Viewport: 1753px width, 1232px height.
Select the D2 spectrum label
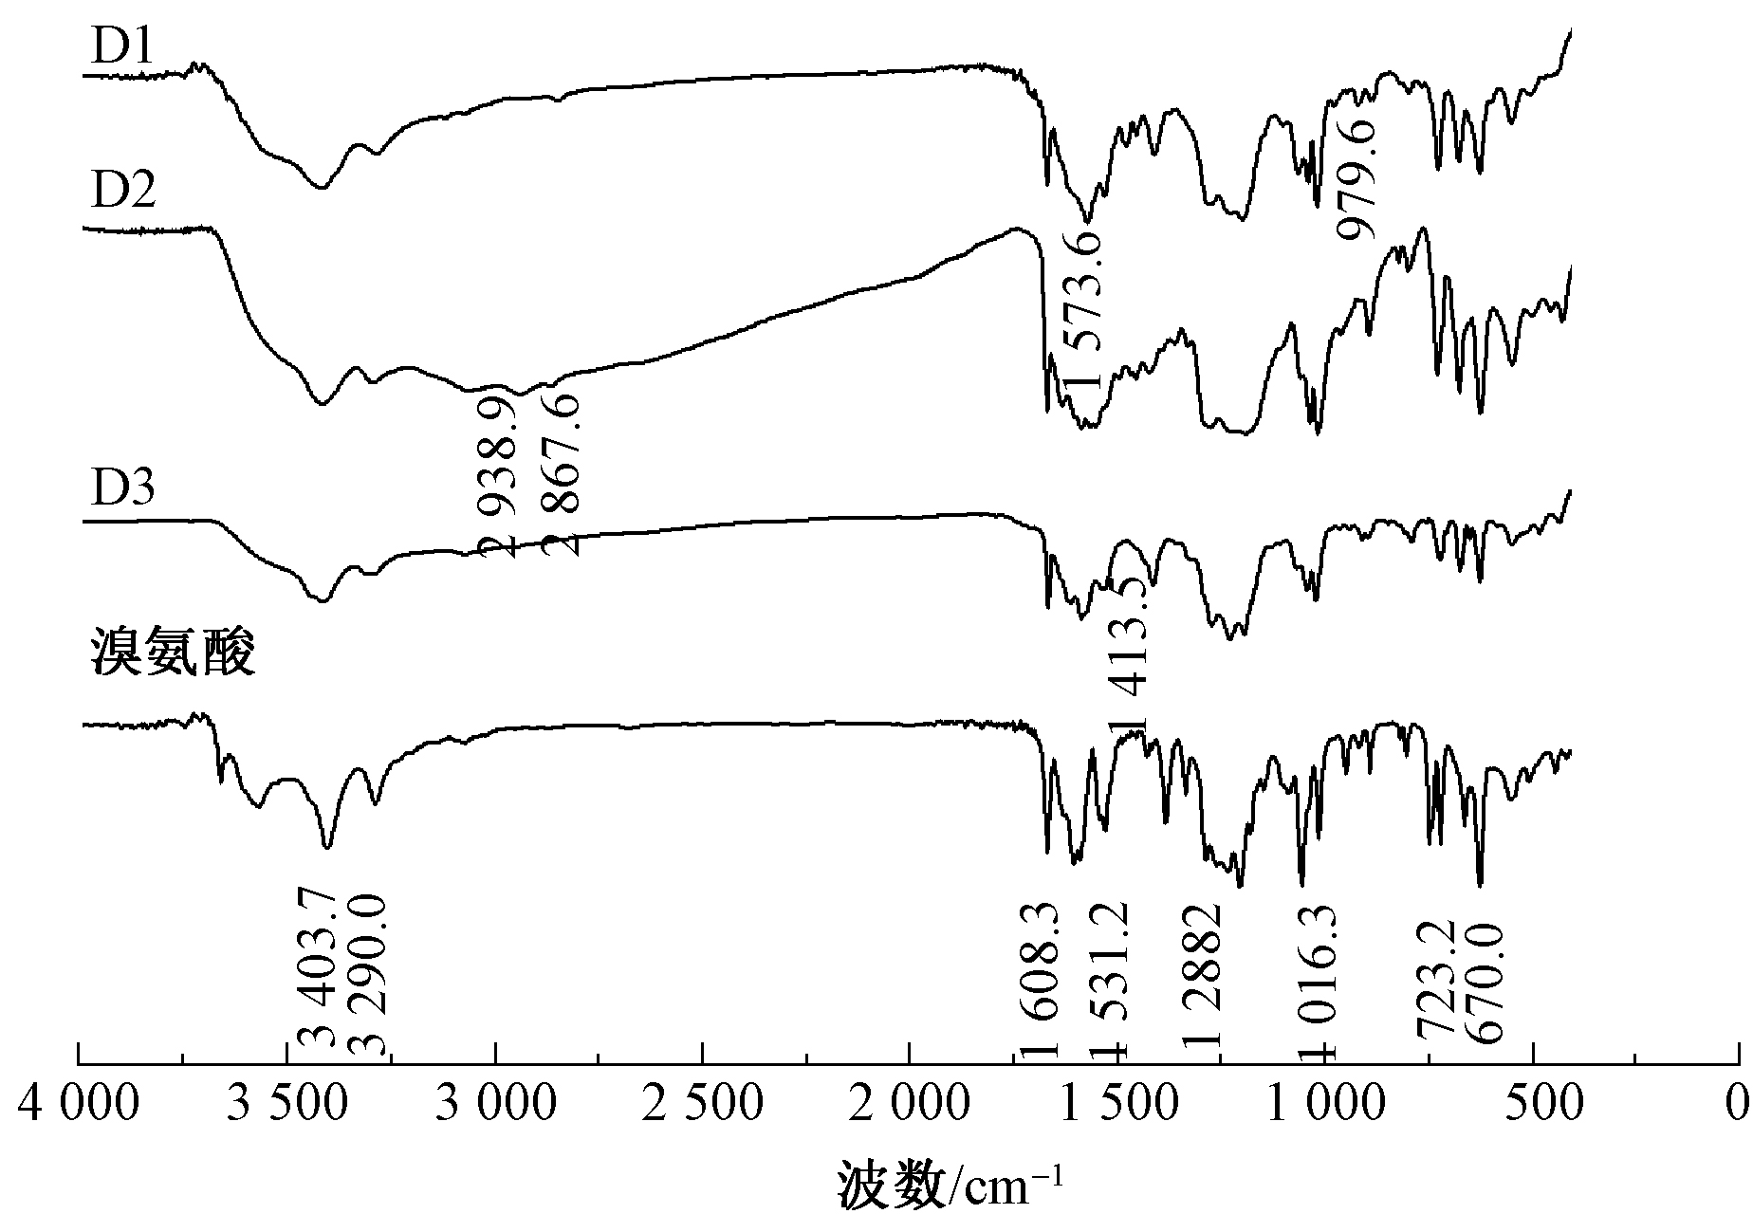coord(123,192)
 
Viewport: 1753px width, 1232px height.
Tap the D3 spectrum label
coord(123,490)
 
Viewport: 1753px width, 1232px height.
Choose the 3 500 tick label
coord(286,1104)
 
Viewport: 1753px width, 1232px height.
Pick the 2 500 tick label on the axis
coord(702,1104)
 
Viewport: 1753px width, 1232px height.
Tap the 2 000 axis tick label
coord(910,1104)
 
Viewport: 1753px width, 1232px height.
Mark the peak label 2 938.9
coord(499,476)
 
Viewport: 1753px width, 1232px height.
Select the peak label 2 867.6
coord(563,476)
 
